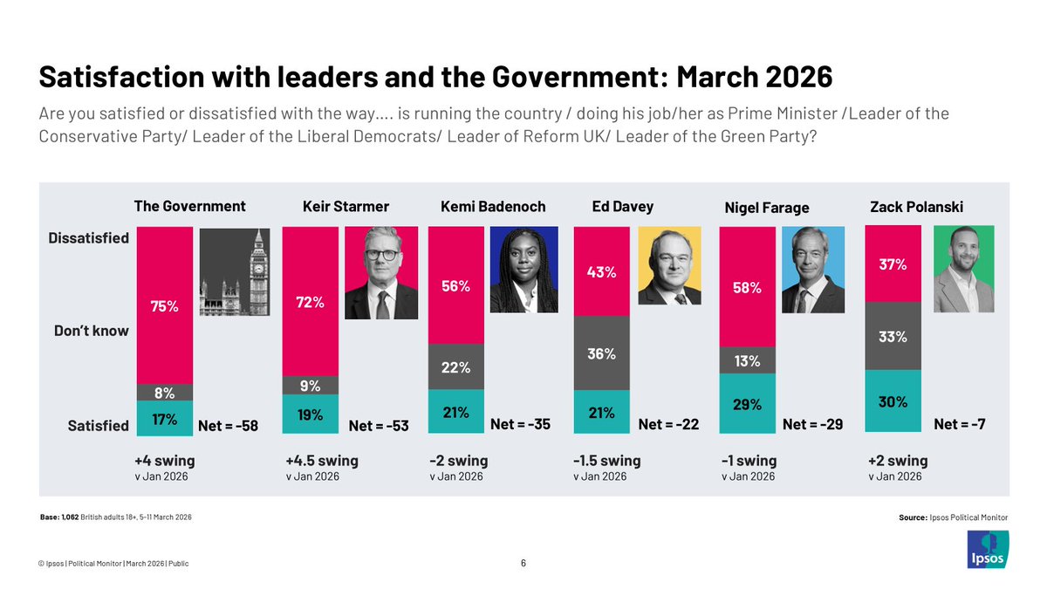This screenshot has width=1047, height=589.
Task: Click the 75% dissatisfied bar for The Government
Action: coord(166,305)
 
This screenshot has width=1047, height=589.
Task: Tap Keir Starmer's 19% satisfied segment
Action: coord(311,414)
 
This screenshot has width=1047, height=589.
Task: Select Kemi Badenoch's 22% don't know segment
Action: coord(455,366)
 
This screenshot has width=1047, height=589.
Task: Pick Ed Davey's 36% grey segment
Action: coord(601,354)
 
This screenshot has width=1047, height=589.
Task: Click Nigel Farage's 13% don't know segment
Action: coord(747,360)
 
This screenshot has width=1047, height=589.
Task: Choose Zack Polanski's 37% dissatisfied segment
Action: coord(892,264)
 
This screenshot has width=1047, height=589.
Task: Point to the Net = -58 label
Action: coord(229,426)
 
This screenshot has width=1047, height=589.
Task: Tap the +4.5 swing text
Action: coord(322,460)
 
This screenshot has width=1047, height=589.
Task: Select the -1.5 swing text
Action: coord(607,460)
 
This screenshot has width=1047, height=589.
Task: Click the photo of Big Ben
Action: coord(231,271)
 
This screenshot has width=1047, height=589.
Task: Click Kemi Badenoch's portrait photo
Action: coord(523,270)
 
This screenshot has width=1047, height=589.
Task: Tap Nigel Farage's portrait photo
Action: coord(813,270)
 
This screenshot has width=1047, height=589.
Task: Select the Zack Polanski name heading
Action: coord(910,207)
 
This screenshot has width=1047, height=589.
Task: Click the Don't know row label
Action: coord(97,331)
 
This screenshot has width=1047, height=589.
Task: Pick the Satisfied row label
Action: coord(99,426)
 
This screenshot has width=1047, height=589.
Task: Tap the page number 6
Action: coord(523,563)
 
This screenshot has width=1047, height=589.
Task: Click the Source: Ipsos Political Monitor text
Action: coord(953,517)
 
